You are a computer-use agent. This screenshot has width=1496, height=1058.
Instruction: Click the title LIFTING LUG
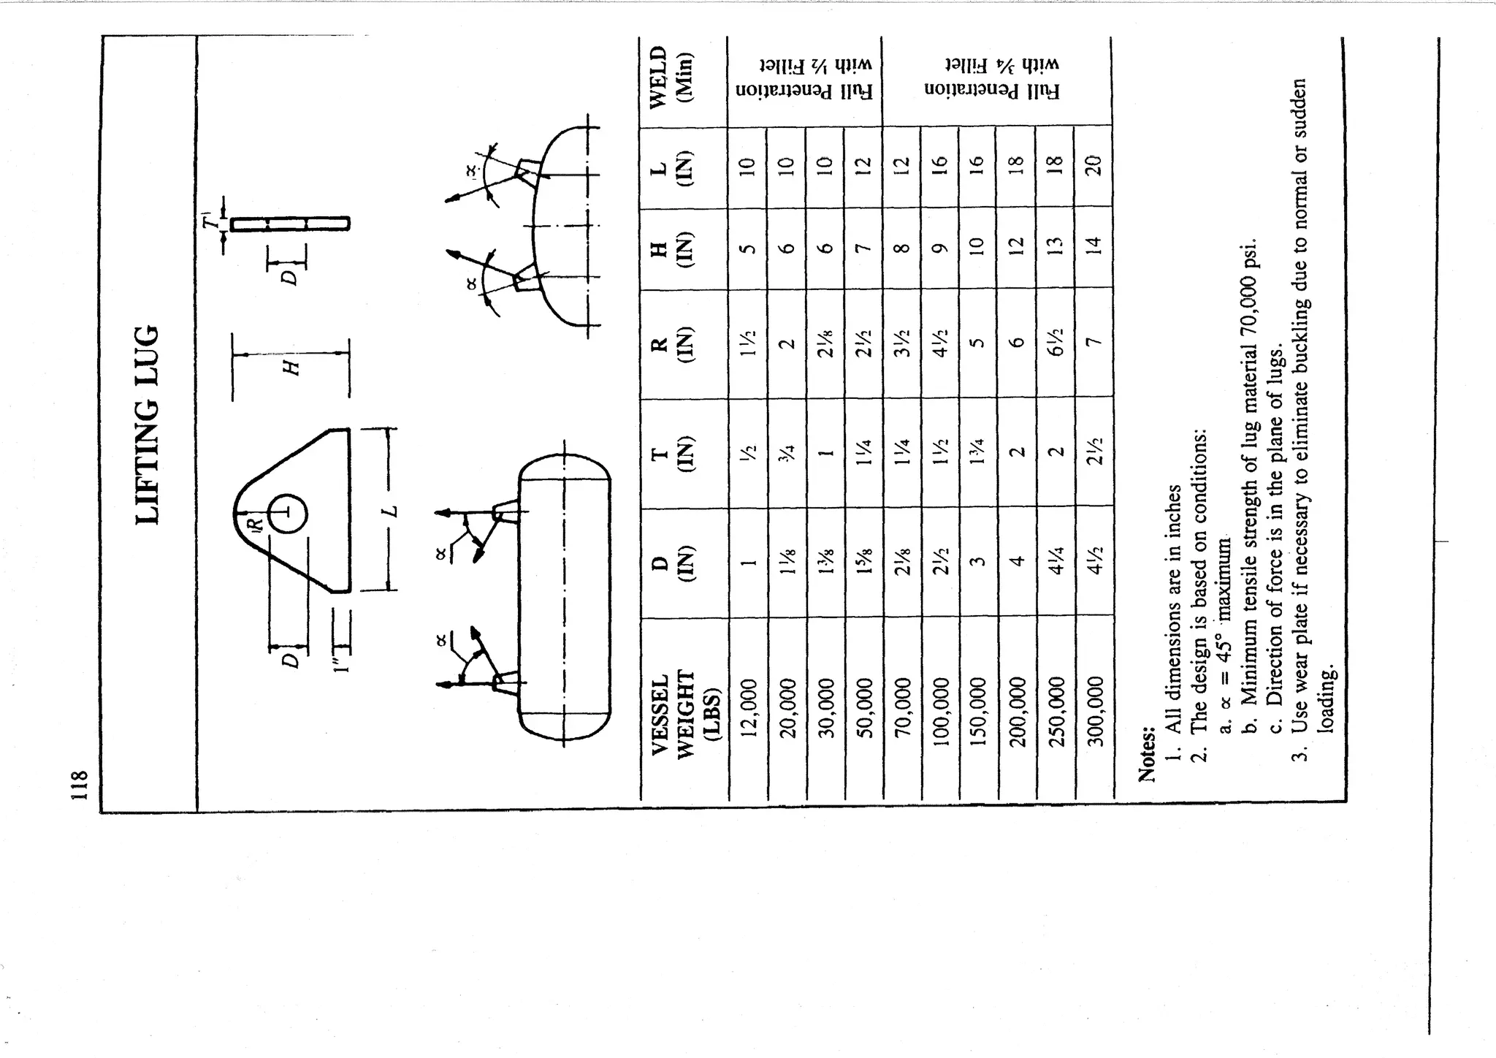tap(148, 425)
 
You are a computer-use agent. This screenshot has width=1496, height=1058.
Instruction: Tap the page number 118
tap(79, 784)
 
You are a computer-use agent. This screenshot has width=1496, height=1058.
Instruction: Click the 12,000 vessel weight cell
tap(748, 708)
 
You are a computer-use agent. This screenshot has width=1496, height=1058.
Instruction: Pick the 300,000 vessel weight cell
tap(1094, 708)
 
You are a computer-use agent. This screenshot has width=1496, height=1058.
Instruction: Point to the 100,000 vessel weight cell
tap(940, 708)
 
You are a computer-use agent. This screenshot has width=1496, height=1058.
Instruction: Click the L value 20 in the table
tap(1094, 165)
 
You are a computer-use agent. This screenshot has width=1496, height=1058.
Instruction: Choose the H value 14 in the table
tap(1094, 248)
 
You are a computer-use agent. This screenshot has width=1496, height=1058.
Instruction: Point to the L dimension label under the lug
tap(392, 509)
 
